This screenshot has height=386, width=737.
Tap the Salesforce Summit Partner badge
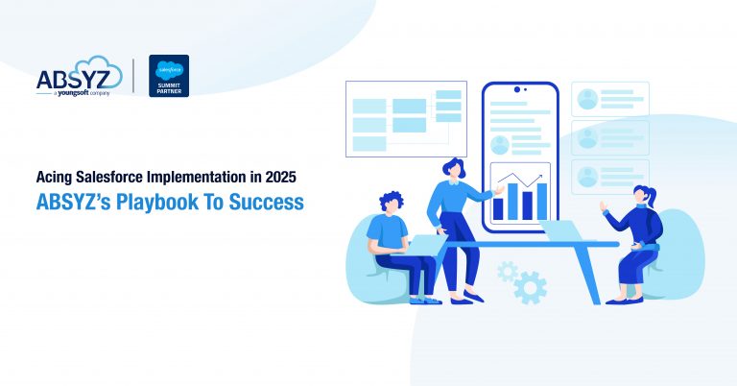coord(169,76)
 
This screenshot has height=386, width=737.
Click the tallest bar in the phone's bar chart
coord(542,200)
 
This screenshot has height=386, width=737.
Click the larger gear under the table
coord(530,286)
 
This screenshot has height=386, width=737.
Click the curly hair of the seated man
coord(392,202)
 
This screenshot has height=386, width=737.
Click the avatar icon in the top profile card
coord(586,99)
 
